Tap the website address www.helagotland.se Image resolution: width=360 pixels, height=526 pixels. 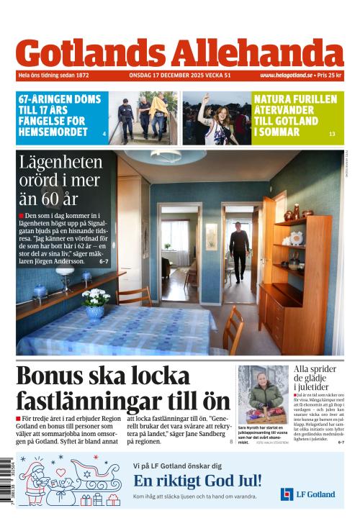[286, 76]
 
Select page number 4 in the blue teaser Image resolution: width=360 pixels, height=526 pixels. [104, 135]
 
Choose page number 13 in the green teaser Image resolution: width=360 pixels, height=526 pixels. [332, 135]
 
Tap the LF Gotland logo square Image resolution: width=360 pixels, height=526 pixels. [287, 494]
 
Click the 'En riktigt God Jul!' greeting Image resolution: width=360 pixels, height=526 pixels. [197, 481]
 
